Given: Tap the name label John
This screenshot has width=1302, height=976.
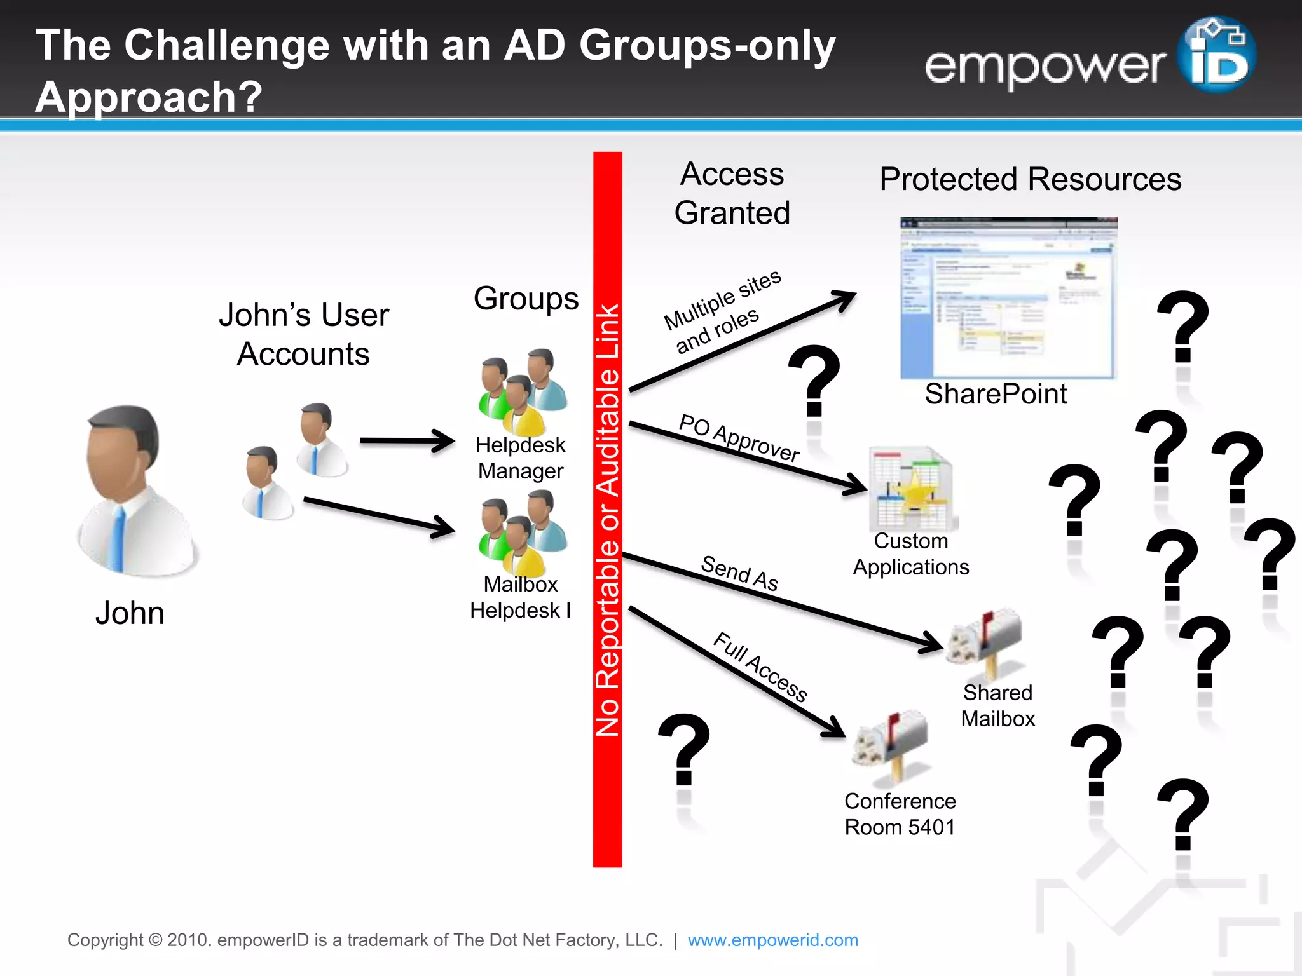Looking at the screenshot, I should [130, 614].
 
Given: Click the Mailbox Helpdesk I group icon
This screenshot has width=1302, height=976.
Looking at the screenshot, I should [523, 532].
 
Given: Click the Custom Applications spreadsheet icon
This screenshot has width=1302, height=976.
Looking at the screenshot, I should [912, 489].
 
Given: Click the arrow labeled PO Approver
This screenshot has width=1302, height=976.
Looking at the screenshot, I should [747, 457].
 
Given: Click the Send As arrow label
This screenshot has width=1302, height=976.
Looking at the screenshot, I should [739, 573].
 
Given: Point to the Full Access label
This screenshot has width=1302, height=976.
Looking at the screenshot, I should [760, 667].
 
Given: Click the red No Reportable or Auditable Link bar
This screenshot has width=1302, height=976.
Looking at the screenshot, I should [607, 508].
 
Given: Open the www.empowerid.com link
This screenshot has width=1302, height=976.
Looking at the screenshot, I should [772, 940].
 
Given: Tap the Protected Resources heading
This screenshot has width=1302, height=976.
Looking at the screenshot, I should [1030, 179].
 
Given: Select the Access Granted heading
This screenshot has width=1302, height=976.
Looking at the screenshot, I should [732, 193].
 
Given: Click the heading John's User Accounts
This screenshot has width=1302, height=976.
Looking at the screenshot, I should [303, 334].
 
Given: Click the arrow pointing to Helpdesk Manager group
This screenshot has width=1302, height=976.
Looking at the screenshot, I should [407, 440].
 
